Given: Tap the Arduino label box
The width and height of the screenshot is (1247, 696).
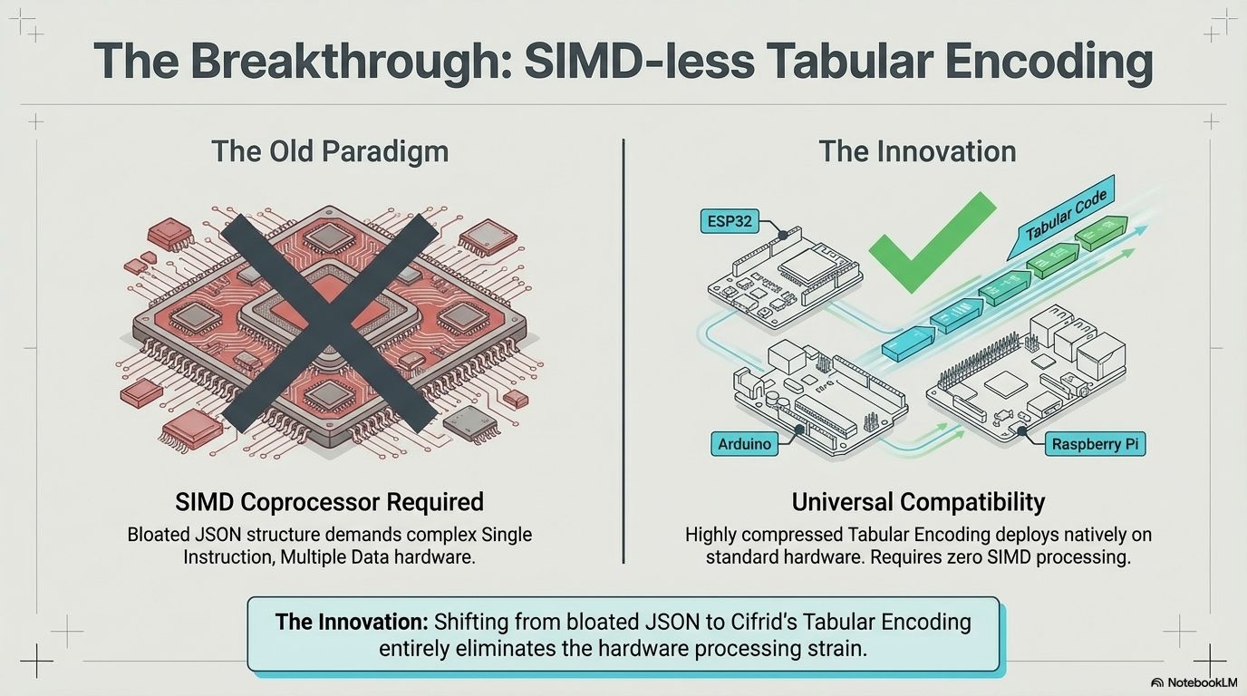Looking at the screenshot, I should (x=744, y=444).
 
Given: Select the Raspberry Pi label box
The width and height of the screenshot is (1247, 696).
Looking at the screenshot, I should (x=1094, y=444).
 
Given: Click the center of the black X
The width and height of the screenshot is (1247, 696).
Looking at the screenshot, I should (x=329, y=321).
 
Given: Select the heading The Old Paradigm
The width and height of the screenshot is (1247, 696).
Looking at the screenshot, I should (x=329, y=150).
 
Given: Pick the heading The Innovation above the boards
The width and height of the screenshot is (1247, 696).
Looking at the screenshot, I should (x=917, y=150).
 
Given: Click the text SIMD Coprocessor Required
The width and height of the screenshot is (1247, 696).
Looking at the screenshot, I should (x=329, y=501).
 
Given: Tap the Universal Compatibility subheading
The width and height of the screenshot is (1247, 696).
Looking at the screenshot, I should (x=917, y=501).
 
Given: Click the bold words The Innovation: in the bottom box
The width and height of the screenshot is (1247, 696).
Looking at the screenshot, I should (x=352, y=623).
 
